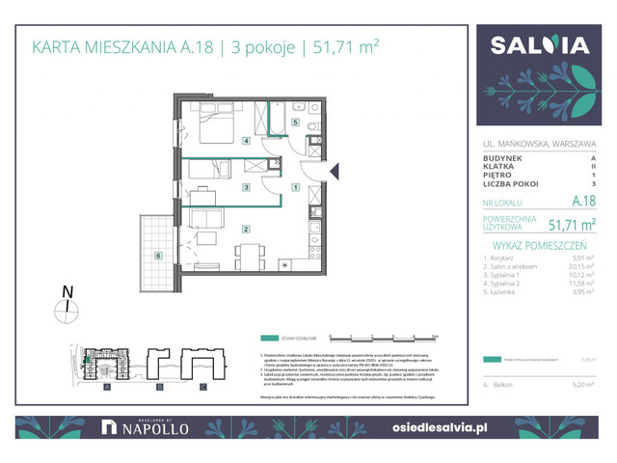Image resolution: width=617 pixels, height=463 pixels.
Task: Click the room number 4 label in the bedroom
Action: [247, 142]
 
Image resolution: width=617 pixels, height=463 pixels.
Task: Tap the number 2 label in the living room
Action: [247, 229]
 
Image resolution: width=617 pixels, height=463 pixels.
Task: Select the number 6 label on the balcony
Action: [157, 256]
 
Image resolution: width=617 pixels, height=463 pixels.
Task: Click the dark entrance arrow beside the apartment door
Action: [335, 171]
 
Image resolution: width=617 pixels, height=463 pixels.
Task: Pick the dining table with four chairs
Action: [249, 259]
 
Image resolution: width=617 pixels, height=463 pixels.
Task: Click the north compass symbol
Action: [67, 307]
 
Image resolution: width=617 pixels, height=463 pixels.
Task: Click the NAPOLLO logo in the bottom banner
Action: [147, 426]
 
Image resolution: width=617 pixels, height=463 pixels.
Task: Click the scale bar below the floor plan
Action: [384, 338]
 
